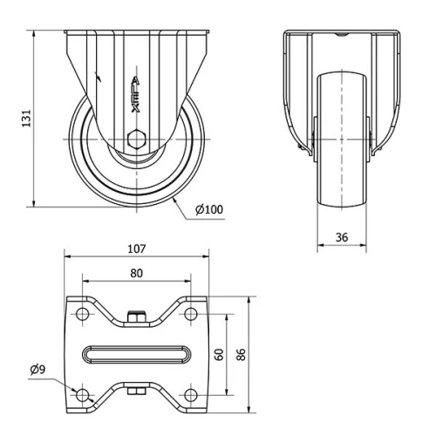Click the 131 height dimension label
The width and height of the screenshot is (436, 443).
coord(26,116)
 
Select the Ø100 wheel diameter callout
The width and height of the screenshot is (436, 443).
coord(208,209)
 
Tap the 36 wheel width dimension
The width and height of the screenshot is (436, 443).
coord(341,235)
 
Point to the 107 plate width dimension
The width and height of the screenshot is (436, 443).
coord(137,248)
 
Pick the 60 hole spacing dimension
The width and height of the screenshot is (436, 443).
coord(220,354)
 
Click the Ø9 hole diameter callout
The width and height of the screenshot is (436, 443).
coord(37,371)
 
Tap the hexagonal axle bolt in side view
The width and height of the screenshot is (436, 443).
coord(134,140)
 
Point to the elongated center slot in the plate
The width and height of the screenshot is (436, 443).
coord(137,354)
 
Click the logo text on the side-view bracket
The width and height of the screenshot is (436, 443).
coord(134,96)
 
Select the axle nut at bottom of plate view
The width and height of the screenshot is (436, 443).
coord(136,392)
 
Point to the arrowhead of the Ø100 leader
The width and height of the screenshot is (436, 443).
coord(174,200)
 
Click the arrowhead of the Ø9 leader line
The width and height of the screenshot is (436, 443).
coord(74,389)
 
